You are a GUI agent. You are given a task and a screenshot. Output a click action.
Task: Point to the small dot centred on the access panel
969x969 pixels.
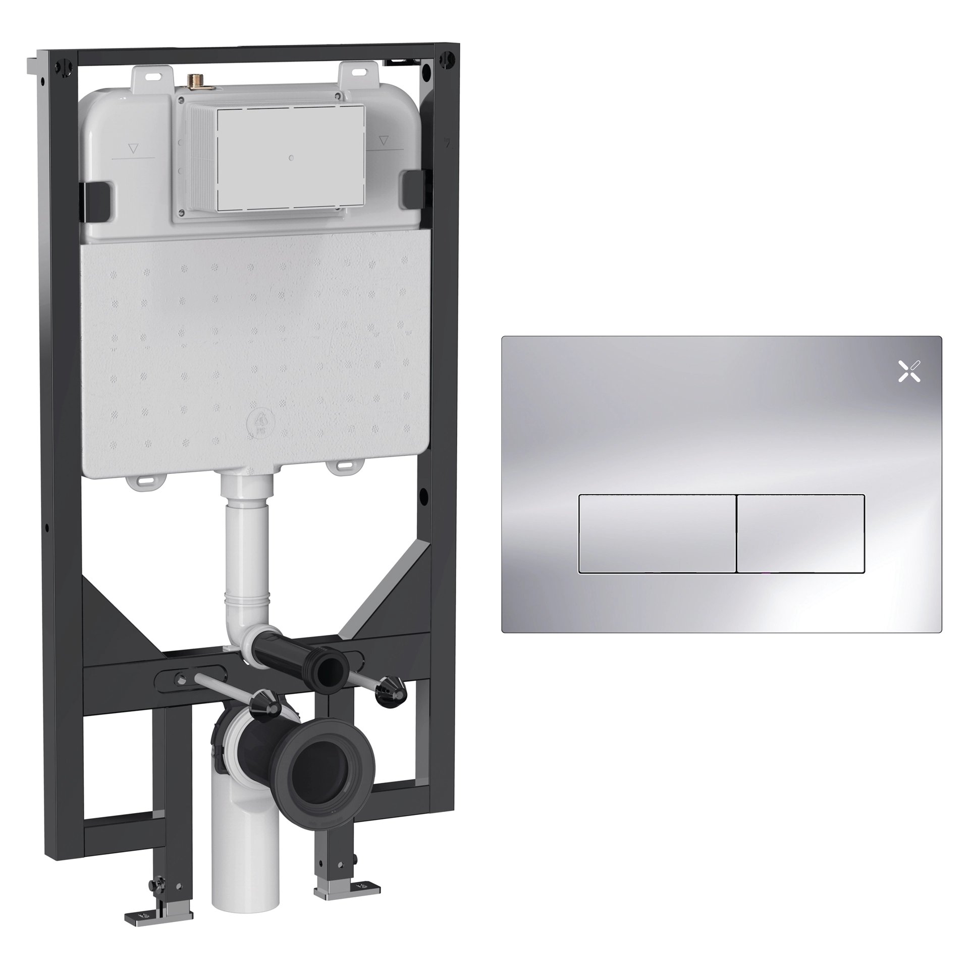click(291, 158)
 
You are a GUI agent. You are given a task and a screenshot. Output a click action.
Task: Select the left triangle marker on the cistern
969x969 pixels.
click(134, 149)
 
